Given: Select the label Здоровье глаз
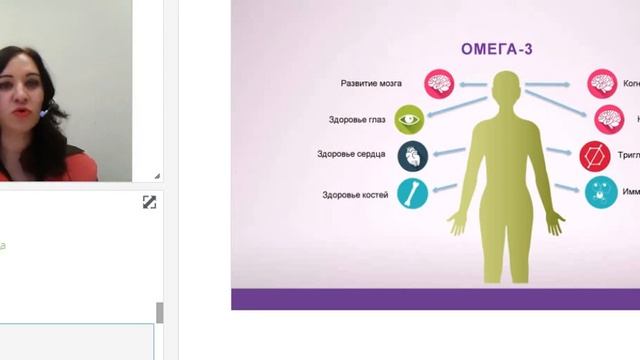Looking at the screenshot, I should click(358, 120).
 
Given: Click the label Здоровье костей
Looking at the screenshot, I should click(356, 194).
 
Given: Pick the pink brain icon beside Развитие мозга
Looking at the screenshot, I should click(438, 83).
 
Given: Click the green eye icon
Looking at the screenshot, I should click(410, 120).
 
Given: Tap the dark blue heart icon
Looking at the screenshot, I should click(412, 155).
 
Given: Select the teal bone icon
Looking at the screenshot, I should click(412, 193).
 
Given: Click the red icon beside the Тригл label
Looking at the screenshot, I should click(595, 155).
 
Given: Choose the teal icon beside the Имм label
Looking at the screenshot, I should click(601, 191).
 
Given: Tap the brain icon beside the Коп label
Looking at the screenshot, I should click(603, 83).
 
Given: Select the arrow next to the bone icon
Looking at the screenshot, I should click(445, 188).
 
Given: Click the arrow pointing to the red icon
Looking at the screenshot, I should click(559, 152).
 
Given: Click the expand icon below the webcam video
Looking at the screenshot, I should click(149, 202).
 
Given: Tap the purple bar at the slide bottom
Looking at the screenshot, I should click(435, 299).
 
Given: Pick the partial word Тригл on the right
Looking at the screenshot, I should click(626, 155).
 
